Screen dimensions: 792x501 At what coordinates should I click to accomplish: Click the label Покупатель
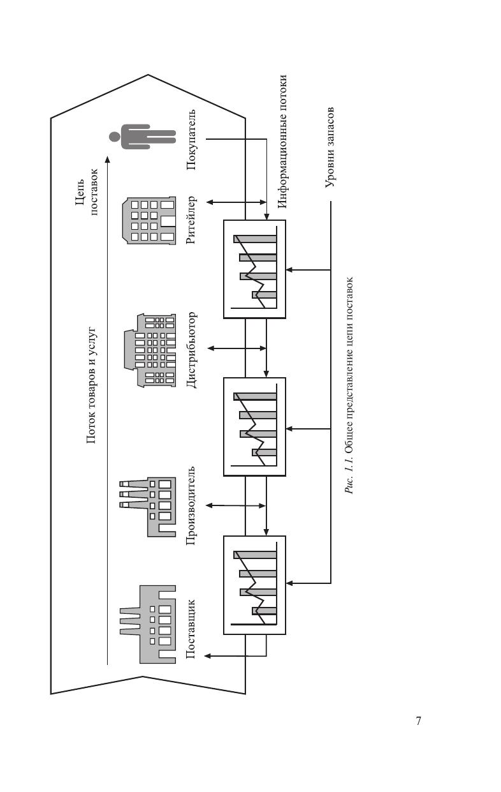[192, 140]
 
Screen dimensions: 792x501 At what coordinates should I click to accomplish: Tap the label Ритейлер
[192, 220]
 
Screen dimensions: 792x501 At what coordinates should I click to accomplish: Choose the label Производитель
[192, 506]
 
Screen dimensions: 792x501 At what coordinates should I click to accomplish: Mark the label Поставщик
[192, 629]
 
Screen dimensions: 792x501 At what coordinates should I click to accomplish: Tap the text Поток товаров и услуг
[91, 385]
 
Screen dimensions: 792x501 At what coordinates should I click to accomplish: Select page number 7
[418, 721]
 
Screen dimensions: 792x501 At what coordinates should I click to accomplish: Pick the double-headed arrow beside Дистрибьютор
[236, 348]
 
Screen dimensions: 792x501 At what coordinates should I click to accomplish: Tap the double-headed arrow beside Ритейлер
[236, 202]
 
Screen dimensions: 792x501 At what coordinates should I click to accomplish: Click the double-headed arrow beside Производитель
[236, 505]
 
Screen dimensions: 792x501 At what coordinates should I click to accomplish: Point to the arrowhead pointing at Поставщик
[207, 655]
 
